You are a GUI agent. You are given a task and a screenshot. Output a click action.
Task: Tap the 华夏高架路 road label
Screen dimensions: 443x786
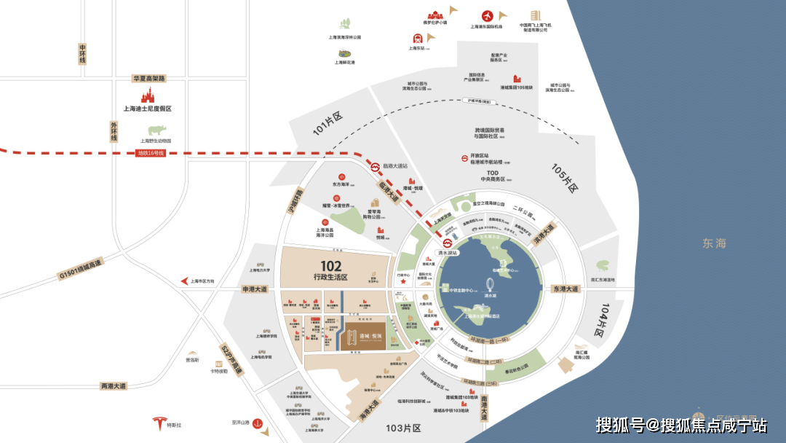point(148,78)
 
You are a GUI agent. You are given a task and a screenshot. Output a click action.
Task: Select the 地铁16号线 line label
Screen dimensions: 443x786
point(151,153)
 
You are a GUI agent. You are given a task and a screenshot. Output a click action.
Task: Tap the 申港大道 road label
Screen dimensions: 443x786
point(255,289)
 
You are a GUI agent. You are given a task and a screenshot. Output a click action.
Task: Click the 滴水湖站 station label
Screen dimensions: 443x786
point(446,254)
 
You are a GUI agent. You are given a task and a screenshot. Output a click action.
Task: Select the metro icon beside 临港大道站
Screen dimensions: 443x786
point(374,166)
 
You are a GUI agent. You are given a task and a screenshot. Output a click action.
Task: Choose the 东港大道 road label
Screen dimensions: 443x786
point(565,289)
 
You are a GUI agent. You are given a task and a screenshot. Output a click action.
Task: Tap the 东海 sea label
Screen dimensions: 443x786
point(714,243)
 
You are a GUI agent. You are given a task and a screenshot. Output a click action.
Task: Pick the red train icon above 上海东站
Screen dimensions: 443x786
point(417,39)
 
